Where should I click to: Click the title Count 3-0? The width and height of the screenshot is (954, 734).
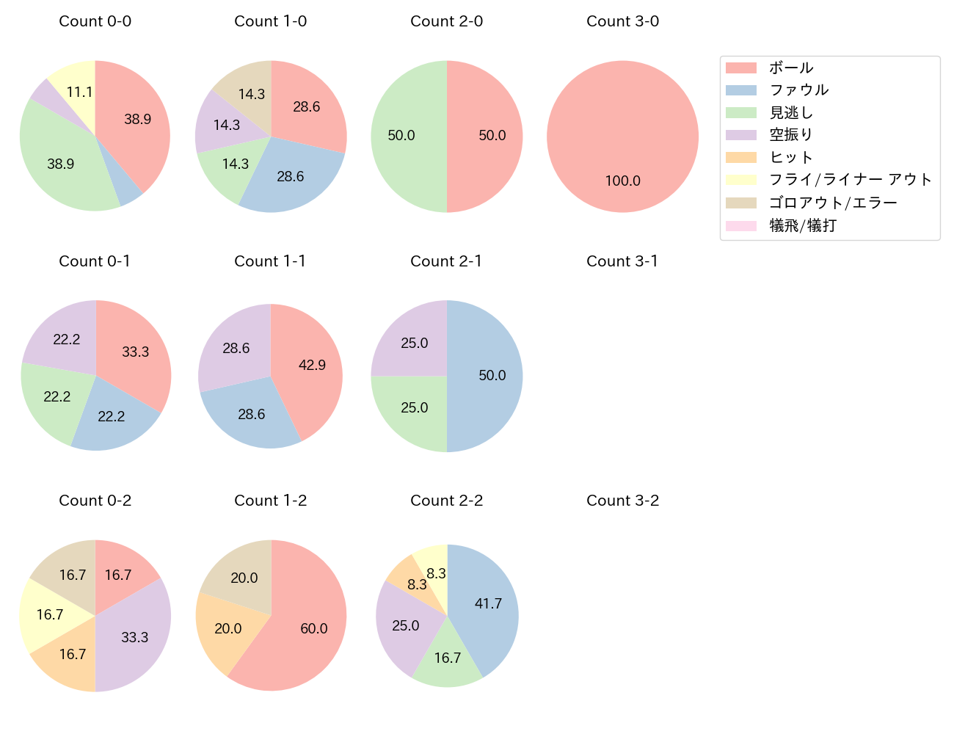(x=622, y=21)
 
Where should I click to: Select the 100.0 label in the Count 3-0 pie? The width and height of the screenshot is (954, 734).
(x=622, y=181)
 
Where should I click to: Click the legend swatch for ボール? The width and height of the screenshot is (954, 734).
(x=740, y=68)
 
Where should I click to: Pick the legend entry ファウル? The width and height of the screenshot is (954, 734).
(x=798, y=90)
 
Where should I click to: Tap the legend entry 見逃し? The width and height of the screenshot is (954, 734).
(x=791, y=113)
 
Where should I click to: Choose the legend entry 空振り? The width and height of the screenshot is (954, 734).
(x=791, y=135)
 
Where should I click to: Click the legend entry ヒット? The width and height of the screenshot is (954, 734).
(x=791, y=157)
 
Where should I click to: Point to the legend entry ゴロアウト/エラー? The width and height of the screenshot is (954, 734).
(x=833, y=203)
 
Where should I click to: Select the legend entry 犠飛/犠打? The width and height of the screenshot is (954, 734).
(x=803, y=225)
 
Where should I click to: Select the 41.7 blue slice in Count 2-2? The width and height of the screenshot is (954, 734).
(x=484, y=606)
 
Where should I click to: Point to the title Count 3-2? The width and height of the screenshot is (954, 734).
(x=622, y=501)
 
